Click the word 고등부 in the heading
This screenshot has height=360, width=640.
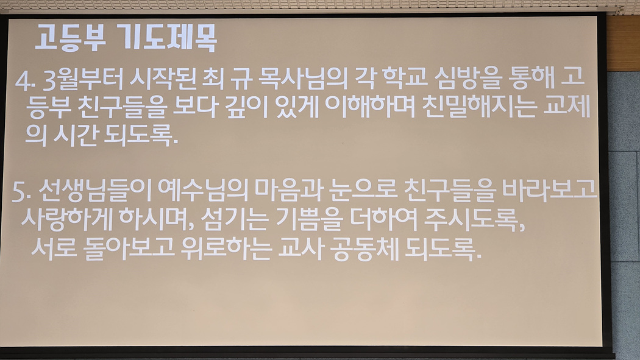[x=70, y=38]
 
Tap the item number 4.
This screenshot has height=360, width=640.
[x=23, y=82]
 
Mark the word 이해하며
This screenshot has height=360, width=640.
[x=369, y=107]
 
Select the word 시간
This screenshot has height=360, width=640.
[x=76, y=135]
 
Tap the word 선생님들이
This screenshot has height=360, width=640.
[x=96, y=191]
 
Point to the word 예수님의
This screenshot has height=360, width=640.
[x=202, y=190]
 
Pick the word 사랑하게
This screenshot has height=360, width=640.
[x=67, y=219]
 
